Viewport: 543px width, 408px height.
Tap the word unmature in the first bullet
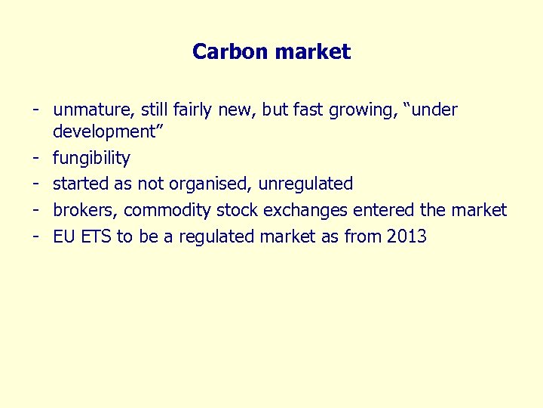click(x=90, y=110)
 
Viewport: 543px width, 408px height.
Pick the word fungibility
click(x=91, y=159)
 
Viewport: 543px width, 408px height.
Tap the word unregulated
click(x=307, y=184)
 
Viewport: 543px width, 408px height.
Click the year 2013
click(x=406, y=236)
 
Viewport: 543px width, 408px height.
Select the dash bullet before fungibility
click(x=35, y=158)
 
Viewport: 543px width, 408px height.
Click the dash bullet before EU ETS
click(x=35, y=236)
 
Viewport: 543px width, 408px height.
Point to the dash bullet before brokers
click(x=35, y=209)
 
